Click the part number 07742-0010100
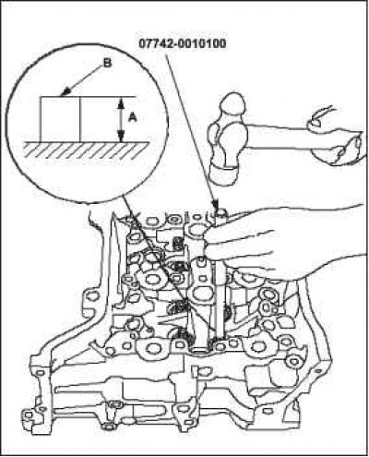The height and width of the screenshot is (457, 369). coord(183,44)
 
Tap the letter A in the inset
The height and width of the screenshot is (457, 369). coord(133,117)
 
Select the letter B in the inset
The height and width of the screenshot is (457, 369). coord(107,64)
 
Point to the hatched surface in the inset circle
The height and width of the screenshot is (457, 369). coord(87,150)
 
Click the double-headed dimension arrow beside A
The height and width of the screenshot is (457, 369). coord(121,120)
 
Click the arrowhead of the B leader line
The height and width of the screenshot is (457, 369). coord(65,93)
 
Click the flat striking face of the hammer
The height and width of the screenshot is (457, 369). coord(222,175)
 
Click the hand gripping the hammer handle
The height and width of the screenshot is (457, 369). coord(335,137)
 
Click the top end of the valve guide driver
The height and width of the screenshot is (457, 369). coord(220,212)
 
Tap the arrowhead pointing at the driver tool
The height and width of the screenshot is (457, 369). coord(216,204)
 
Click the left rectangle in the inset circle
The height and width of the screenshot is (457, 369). coord(60,119)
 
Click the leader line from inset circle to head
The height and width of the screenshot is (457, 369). coord(161,266)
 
